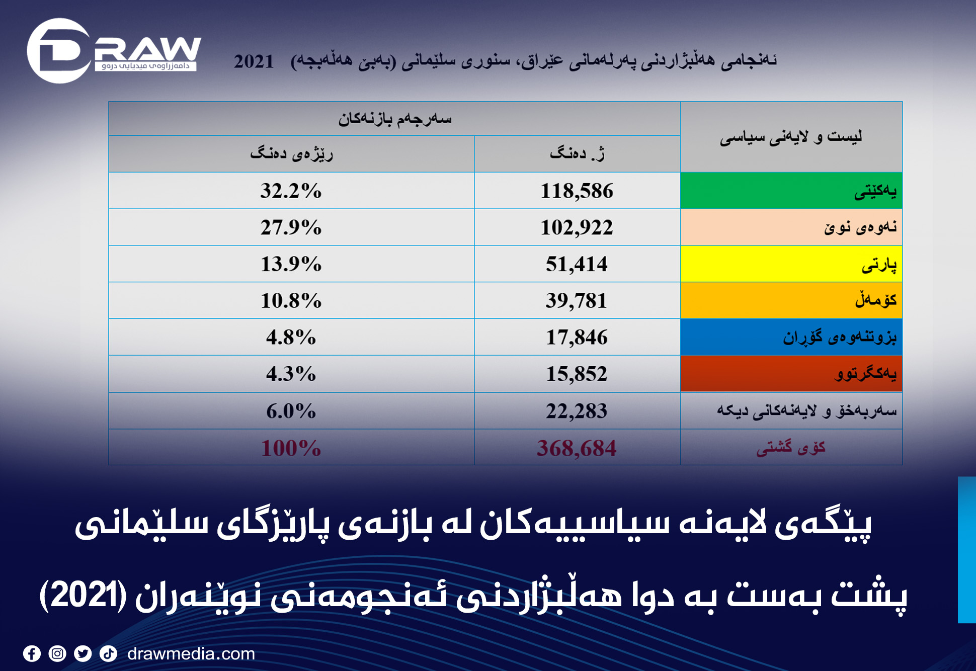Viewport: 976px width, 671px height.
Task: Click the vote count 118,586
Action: click(577, 191)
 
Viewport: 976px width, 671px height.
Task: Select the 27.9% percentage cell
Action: click(291, 227)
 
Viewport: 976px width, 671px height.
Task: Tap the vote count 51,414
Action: click(577, 264)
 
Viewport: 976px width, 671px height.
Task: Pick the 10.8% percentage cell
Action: click(291, 301)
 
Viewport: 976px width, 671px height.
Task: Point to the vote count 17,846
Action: click(577, 338)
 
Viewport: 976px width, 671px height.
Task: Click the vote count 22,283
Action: click(577, 411)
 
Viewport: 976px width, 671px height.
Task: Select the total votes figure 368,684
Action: click(577, 448)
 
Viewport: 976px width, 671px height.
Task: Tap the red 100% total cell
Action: click(291, 448)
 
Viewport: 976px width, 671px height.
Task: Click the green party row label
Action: click(791, 191)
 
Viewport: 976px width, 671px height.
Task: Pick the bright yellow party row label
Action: click(791, 264)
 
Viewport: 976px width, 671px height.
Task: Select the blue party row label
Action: click(791, 337)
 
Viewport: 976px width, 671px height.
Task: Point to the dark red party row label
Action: click(791, 374)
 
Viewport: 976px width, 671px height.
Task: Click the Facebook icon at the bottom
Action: click(32, 653)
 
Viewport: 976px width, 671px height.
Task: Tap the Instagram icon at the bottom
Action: click(57, 653)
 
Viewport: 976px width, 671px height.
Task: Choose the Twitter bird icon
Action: click(83, 653)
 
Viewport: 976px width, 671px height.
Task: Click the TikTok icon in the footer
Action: click(109, 653)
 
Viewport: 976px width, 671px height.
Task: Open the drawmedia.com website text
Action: click(191, 653)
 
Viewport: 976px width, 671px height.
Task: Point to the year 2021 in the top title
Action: click(254, 61)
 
